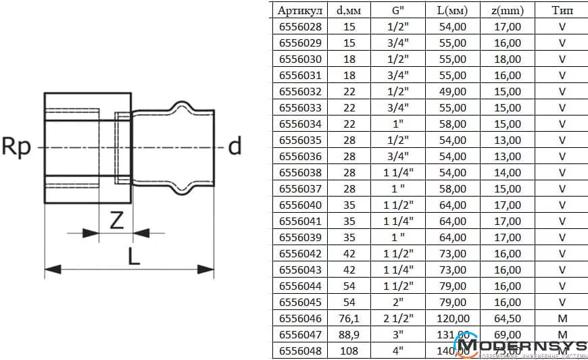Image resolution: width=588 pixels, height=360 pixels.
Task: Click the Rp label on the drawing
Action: (17, 147)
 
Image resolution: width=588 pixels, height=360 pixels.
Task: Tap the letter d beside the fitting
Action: (235, 146)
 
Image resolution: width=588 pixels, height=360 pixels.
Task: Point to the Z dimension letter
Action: (117, 221)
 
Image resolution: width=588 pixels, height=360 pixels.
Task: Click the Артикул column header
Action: (300, 10)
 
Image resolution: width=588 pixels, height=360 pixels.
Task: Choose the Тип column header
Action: (562, 10)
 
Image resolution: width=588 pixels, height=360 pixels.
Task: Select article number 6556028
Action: (300, 26)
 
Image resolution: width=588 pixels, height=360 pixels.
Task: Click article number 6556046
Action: (300, 318)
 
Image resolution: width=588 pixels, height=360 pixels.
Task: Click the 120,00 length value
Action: (451, 318)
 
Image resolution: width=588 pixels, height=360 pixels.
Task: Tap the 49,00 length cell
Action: (451, 91)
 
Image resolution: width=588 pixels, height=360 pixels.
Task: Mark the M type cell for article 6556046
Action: (562, 318)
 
